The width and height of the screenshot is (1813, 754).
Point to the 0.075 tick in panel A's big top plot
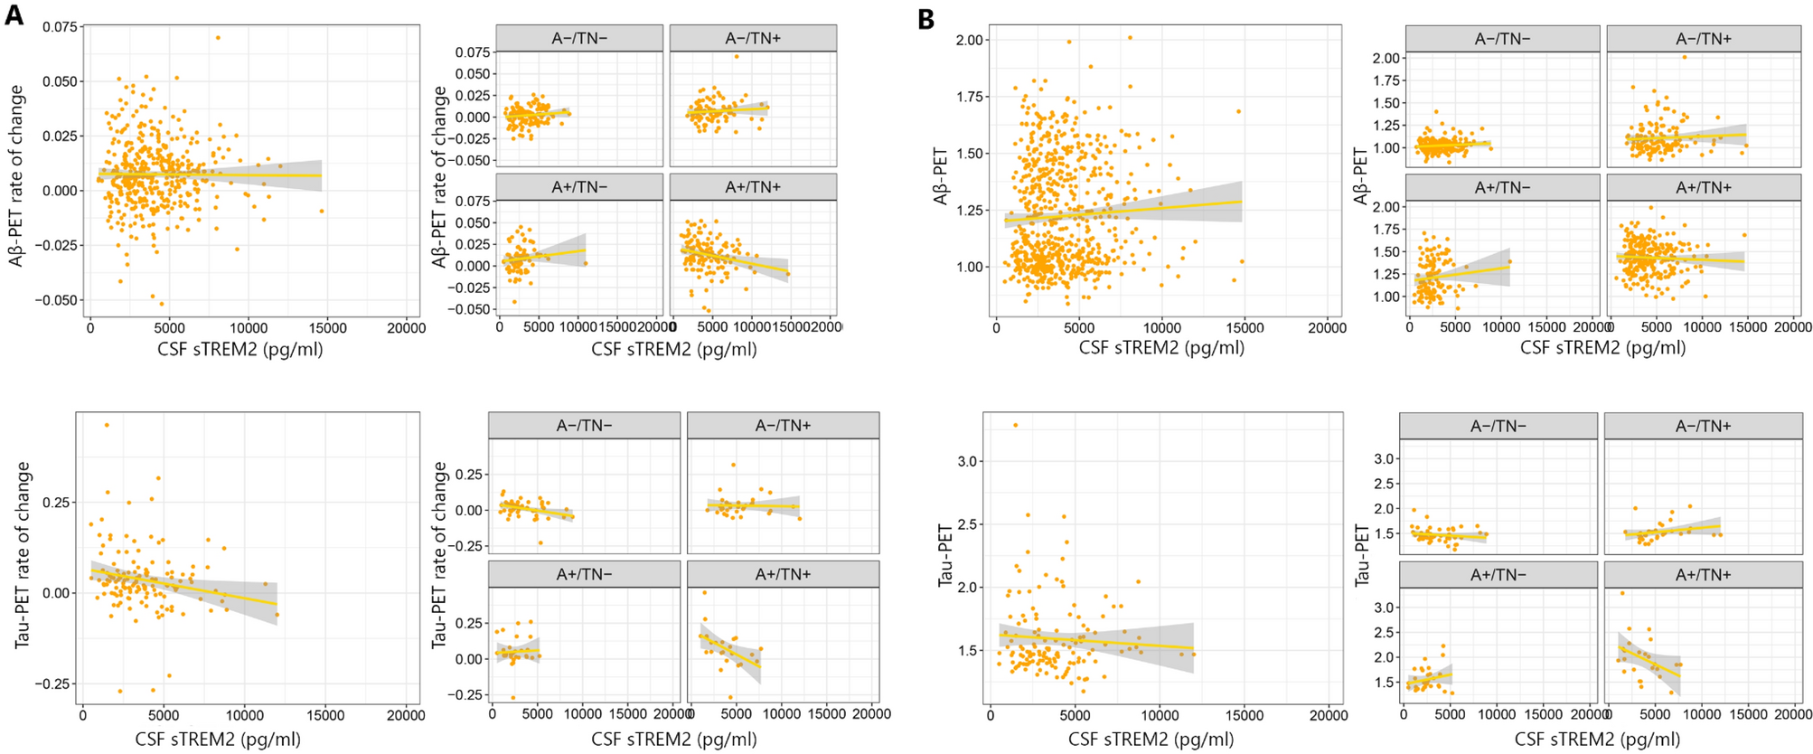(59, 27)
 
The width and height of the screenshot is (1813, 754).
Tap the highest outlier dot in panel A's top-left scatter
(218, 38)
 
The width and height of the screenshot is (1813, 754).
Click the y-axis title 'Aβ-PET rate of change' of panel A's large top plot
(16, 176)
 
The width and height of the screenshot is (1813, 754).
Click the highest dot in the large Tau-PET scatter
(1015, 425)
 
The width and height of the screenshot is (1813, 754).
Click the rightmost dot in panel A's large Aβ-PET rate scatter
(321, 211)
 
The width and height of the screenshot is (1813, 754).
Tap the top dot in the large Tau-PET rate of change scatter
(107, 425)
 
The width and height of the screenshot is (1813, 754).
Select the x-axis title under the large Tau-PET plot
(1151, 740)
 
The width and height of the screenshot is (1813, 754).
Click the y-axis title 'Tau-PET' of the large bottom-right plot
(945, 555)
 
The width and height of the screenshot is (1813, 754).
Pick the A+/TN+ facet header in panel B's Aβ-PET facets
(1703, 188)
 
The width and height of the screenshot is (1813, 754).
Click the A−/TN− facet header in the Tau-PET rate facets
(584, 426)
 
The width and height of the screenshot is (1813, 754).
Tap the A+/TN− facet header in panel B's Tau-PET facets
(1498, 575)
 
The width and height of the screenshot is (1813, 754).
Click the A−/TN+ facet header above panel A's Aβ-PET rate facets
(752, 38)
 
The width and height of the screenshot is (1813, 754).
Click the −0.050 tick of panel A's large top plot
(59, 300)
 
